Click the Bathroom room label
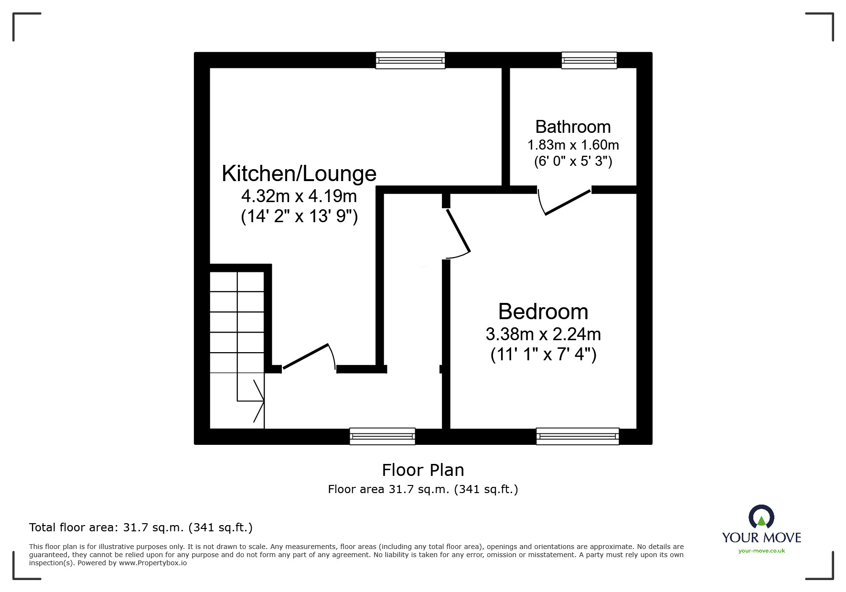point(573,127)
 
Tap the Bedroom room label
point(543,312)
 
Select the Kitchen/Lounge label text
point(299,174)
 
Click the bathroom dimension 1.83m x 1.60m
point(573,145)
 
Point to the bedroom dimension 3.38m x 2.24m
point(543,334)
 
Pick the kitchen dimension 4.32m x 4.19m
point(299,196)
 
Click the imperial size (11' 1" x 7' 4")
point(544,355)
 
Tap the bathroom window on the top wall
point(589,60)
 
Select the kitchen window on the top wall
point(410,60)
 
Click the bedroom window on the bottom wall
point(578,436)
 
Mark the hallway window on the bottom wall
point(382,436)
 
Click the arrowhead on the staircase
point(258,400)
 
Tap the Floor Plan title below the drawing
point(423,470)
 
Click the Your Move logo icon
point(761,517)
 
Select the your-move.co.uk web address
point(761,551)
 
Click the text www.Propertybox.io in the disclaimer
point(153,563)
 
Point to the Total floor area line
point(141,527)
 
